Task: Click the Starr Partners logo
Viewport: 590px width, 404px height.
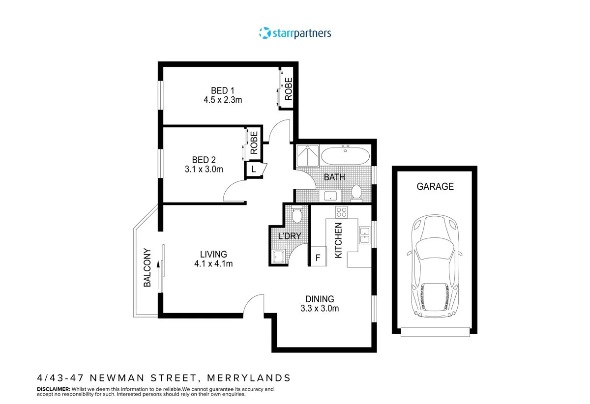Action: click(295, 33)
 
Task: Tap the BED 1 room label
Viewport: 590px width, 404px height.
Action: click(223, 90)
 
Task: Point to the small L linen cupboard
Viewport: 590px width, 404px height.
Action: click(254, 169)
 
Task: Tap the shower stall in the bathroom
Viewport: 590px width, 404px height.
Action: click(307, 156)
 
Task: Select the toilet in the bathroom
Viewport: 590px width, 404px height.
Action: click(357, 193)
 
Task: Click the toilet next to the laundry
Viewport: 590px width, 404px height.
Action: click(297, 215)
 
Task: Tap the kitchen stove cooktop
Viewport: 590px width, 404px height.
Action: click(341, 212)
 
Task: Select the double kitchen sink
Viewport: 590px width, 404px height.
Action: click(364, 235)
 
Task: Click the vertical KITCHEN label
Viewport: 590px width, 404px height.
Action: click(338, 240)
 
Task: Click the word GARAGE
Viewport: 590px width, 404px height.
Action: click(435, 187)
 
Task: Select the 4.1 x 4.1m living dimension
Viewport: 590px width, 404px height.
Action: click(213, 263)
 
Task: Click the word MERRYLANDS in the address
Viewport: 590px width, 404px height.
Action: click(249, 378)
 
